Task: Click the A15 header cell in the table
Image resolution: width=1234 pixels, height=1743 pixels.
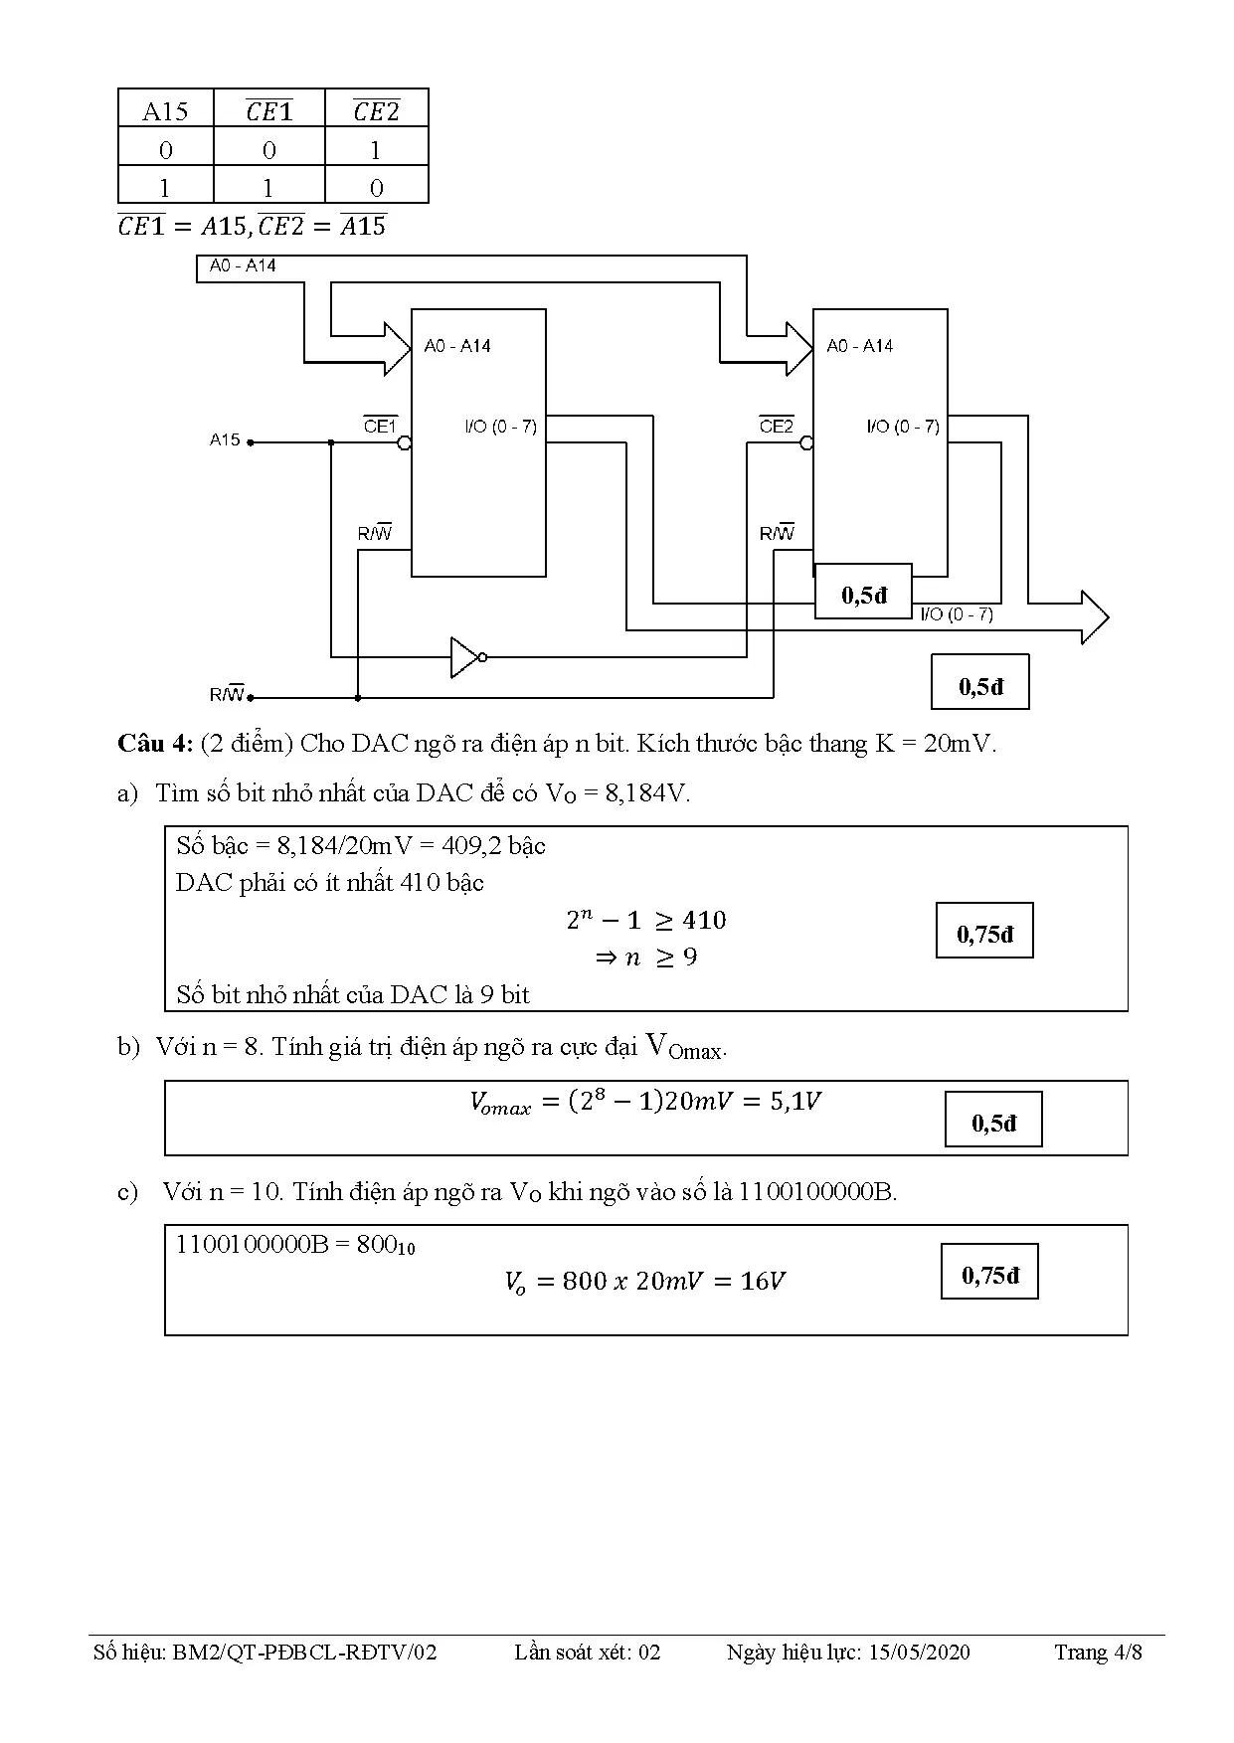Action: [165, 110]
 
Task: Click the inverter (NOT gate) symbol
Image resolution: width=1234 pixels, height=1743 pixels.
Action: [467, 657]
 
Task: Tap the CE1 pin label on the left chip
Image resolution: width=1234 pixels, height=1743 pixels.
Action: [380, 426]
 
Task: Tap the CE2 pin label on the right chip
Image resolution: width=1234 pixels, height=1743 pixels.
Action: [777, 426]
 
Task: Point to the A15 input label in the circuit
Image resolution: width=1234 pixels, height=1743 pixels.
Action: [225, 439]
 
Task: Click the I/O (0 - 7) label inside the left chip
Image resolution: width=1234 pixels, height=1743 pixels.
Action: [500, 427]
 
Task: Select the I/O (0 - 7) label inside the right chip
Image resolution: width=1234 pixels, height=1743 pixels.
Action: [903, 427]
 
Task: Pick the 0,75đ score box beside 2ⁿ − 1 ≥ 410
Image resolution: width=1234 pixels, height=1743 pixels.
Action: [984, 931]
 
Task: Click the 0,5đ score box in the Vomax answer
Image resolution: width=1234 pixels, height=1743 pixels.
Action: [993, 1120]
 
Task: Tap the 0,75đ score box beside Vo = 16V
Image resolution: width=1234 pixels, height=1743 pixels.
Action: [989, 1272]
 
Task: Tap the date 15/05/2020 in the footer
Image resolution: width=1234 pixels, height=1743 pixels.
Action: [919, 1653]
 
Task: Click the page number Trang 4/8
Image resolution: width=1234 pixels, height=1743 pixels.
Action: [1099, 1653]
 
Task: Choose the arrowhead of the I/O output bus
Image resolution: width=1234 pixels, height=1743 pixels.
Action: [1095, 617]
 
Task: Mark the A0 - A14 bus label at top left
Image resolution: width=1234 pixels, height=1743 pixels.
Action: [243, 265]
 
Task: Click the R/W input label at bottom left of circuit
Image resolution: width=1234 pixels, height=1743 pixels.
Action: [227, 694]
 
